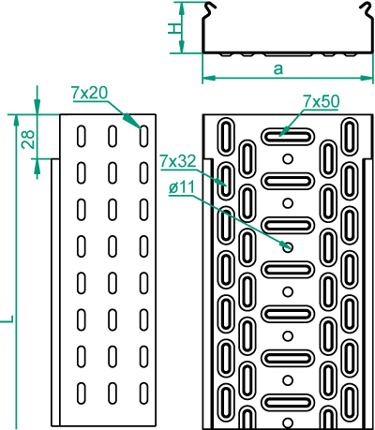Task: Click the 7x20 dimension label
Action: (90, 93)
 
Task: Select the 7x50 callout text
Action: (322, 102)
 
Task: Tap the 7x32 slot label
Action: (178, 161)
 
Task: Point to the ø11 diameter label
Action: (182, 188)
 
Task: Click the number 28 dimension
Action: (28, 139)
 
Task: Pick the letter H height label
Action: (174, 29)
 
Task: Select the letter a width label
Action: (278, 69)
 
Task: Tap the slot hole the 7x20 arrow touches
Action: (143, 136)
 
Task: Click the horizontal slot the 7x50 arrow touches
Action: (288, 136)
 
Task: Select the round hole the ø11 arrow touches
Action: (288, 247)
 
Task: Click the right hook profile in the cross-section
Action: (367, 12)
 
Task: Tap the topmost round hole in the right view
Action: (288, 159)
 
